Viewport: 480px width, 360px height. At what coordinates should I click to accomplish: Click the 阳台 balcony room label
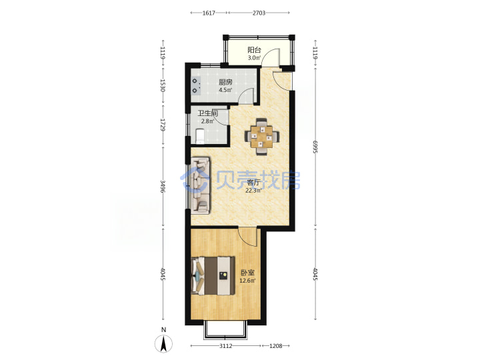pyautogui.click(x=254, y=50)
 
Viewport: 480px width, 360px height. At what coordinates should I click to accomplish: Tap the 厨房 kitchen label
pyautogui.click(x=225, y=82)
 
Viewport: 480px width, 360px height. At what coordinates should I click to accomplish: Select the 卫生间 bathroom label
pyautogui.click(x=207, y=113)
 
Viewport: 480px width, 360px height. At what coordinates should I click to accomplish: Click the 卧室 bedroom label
pyautogui.click(x=247, y=273)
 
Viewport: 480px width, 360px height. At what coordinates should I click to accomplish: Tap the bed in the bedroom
pyautogui.click(x=213, y=276)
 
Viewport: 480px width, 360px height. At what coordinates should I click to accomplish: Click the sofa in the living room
pyautogui.click(x=201, y=185)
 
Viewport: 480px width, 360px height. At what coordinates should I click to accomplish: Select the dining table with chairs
pyautogui.click(x=262, y=137)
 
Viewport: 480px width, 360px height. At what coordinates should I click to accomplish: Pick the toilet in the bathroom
pyautogui.click(x=199, y=136)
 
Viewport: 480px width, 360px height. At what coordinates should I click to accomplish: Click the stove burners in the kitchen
pyautogui.click(x=196, y=86)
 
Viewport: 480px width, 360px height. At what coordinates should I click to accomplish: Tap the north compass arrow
pyautogui.click(x=164, y=343)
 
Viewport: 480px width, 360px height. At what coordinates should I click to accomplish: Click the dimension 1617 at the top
pyautogui.click(x=209, y=13)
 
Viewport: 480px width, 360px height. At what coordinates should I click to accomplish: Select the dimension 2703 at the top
pyautogui.click(x=259, y=13)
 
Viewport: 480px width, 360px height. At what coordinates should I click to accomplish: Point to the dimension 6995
pyautogui.click(x=315, y=147)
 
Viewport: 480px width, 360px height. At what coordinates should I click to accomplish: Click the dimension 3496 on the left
pyautogui.click(x=163, y=186)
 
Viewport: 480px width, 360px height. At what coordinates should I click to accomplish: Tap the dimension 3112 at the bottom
pyautogui.click(x=225, y=346)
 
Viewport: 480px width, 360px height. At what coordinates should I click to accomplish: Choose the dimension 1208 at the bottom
pyautogui.click(x=275, y=346)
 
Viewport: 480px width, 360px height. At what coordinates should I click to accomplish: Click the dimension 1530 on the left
pyautogui.click(x=163, y=86)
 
